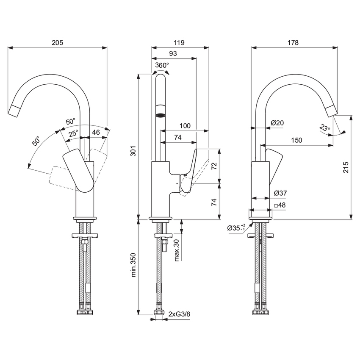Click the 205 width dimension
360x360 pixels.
click(x=57, y=42)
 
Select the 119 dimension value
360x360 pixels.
click(x=179, y=42)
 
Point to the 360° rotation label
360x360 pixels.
click(x=162, y=65)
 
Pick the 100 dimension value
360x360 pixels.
click(x=185, y=126)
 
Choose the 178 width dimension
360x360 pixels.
click(x=293, y=42)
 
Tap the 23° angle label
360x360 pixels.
click(x=324, y=128)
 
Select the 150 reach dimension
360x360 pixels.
click(x=296, y=140)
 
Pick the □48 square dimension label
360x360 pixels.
click(x=280, y=205)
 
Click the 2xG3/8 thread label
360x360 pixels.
click(x=179, y=314)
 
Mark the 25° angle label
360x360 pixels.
click(x=73, y=133)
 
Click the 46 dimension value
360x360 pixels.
click(x=96, y=133)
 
